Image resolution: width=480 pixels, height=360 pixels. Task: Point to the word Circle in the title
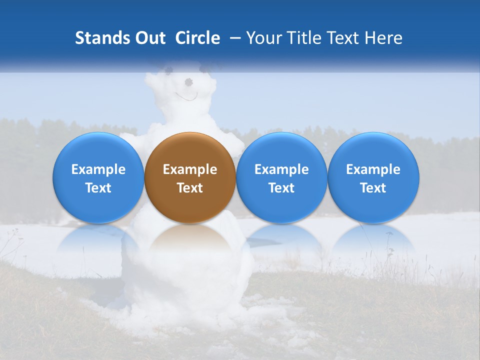coord(197,38)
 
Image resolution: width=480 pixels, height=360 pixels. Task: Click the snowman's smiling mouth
coord(186,96)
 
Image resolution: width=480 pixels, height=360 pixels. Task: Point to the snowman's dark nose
coord(189,81)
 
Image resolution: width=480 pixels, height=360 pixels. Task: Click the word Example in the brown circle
coord(190,169)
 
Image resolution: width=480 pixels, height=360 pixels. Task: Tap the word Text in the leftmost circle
coord(98,188)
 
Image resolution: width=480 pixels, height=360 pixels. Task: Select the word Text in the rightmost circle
coord(373,188)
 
